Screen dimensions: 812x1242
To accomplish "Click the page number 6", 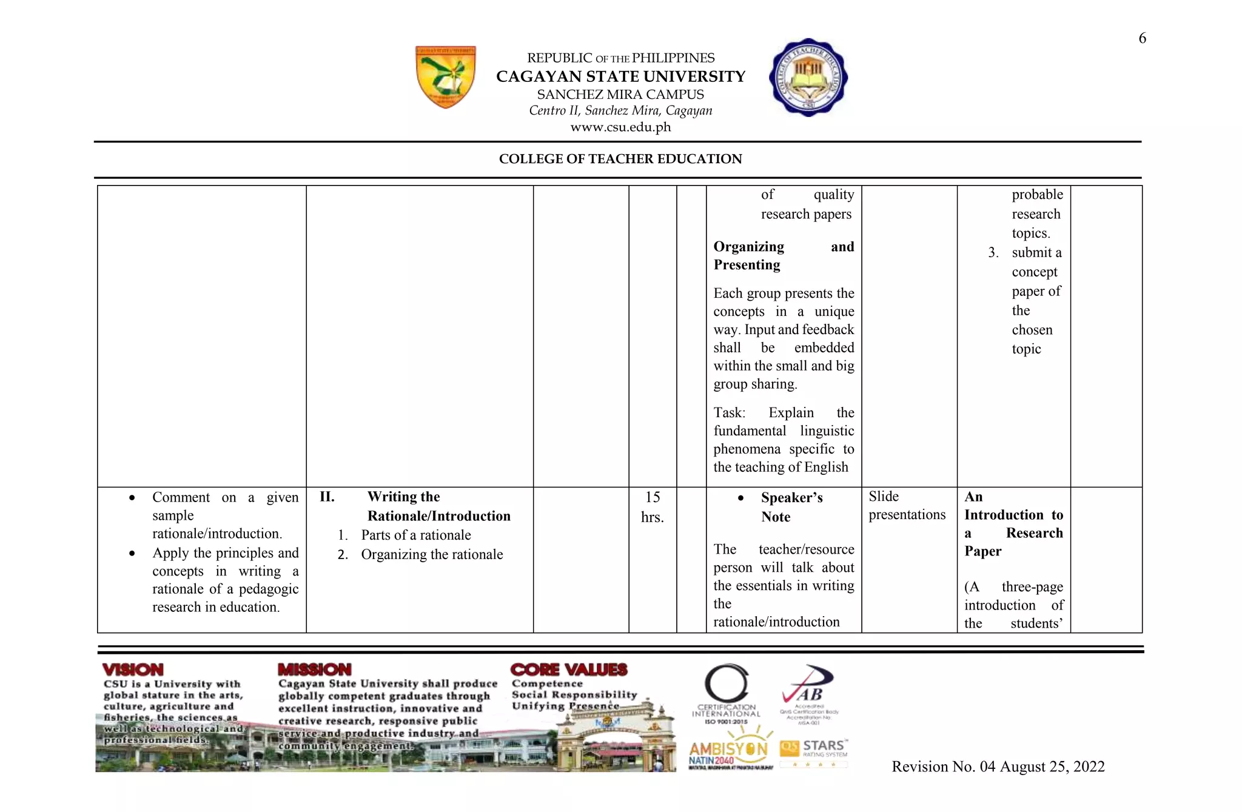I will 1142,38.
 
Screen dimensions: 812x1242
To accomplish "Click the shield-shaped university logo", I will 446,77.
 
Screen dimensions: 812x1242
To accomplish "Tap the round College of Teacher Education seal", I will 808,78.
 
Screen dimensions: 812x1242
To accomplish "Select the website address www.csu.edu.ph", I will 620,127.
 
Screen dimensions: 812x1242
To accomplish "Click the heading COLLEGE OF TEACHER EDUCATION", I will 620,159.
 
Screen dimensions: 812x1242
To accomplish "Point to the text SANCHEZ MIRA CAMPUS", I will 620,95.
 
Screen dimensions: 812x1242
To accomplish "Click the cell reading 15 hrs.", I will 652,507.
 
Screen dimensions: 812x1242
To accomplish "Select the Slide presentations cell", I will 906,505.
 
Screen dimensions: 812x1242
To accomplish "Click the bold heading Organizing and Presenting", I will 783,255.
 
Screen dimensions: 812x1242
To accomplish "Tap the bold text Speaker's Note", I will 791,507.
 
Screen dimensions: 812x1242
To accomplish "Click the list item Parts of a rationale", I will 415,535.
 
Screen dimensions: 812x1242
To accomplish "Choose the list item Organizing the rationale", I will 431,554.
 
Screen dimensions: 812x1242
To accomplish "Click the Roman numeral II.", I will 327,497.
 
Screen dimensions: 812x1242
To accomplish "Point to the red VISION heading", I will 133,669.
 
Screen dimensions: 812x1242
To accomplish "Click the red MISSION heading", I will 314,669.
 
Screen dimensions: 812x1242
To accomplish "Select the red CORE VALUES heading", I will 568,669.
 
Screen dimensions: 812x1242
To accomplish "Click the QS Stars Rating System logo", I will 814,751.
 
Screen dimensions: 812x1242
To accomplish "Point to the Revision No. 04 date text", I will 998,767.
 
